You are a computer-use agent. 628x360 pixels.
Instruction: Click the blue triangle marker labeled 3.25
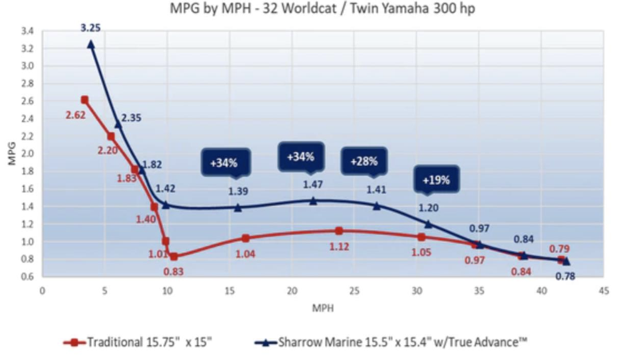91,44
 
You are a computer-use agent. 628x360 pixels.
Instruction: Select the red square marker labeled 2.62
84,100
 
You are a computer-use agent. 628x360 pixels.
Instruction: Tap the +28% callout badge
364,161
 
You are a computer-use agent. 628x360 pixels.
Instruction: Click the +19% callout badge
436,180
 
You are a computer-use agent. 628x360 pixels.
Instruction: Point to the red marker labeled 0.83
174,257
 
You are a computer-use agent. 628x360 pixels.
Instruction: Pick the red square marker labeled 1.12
339,231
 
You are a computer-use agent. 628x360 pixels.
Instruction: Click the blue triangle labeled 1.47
313,201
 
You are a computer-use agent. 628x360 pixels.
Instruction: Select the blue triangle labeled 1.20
428,224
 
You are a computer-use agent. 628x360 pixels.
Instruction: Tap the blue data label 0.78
565,276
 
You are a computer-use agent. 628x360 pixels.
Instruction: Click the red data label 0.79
559,249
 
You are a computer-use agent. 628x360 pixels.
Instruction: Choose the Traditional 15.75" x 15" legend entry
137,342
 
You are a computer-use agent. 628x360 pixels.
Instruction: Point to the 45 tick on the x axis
604,291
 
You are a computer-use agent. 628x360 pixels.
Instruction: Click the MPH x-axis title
323,308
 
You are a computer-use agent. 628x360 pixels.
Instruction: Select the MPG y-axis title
12,153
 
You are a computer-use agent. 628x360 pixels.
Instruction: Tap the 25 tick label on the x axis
354,291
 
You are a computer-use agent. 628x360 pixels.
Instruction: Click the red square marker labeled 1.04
245,238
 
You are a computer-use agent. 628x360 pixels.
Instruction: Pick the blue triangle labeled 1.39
238,207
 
